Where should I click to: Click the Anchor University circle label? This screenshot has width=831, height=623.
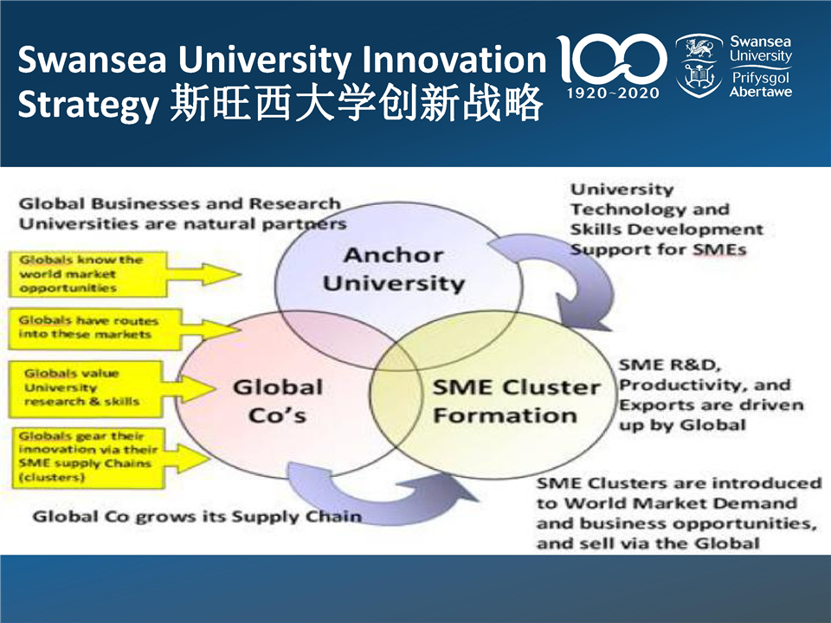(x=394, y=269)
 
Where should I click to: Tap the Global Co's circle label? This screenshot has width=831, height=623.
(x=278, y=401)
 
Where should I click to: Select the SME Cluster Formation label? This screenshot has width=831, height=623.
(x=516, y=401)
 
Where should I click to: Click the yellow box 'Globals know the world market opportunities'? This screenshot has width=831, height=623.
(x=88, y=274)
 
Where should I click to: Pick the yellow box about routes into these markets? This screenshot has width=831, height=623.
(x=95, y=329)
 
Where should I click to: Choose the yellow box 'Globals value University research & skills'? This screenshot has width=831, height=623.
(x=85, y=389)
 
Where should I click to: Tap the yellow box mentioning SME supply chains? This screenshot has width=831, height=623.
(x=88, y=458)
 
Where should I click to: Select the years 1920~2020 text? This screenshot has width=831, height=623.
(x=613, y=93)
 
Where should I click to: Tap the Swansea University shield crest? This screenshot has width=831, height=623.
(x=699, y=66)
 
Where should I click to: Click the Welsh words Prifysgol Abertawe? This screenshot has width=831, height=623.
(x=761, y=84)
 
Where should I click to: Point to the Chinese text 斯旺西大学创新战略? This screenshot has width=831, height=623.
(x=357, y=102)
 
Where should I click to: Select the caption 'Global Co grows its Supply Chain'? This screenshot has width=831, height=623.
(x=197, y=516)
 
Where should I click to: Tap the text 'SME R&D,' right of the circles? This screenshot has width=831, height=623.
(x=670, y=364)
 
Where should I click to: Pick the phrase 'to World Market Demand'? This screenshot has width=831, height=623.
(x=667, y=503)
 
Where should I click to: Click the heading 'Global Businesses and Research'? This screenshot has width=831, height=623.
(x=180, y=203)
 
